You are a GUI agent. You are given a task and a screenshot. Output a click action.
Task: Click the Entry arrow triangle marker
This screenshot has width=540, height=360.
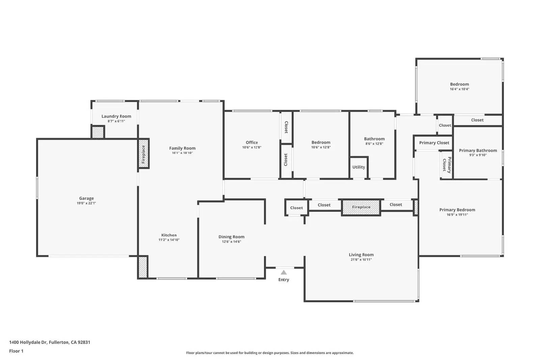click(284, 272)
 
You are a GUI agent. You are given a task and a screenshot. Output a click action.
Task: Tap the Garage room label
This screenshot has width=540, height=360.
click(86, 198)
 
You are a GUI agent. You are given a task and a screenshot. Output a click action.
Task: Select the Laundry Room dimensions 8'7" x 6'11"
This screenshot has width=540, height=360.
click(116, 121)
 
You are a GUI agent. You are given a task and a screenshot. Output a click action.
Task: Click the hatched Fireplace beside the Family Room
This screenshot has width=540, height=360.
click(143, 154)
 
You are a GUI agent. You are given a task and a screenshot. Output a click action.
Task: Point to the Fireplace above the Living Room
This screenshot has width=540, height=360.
click(361, 207)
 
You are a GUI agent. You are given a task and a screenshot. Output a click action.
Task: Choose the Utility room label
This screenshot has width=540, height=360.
click(358, 167)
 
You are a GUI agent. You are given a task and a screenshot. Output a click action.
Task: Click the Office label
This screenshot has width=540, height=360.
click(252, 142)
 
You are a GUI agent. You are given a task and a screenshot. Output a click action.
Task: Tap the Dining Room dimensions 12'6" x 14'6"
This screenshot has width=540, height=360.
click(232, 242)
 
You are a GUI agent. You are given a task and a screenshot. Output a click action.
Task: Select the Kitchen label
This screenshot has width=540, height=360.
click(169, 235)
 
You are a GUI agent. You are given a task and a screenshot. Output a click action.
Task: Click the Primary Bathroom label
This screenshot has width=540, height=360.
click(478, 150)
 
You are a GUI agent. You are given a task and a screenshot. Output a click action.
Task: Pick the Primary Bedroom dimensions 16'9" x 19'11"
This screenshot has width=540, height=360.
click(457, 215)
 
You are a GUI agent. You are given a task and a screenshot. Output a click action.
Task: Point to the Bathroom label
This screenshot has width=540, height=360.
click(374, 139)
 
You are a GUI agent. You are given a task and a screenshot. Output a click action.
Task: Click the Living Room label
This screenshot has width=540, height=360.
click(361, 255)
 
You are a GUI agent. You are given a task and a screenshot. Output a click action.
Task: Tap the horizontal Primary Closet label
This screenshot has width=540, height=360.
click(434, 143)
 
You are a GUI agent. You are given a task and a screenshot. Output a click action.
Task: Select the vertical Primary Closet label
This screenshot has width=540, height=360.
click(447, 165)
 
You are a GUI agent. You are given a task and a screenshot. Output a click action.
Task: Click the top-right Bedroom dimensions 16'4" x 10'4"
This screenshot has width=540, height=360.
click(459, 89)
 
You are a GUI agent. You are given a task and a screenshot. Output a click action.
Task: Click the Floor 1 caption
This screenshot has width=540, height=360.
click(16, 351)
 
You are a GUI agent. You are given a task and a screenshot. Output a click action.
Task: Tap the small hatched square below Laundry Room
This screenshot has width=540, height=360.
click(98, 132)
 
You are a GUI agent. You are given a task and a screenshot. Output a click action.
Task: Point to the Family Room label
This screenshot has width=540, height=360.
click(182, 148)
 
